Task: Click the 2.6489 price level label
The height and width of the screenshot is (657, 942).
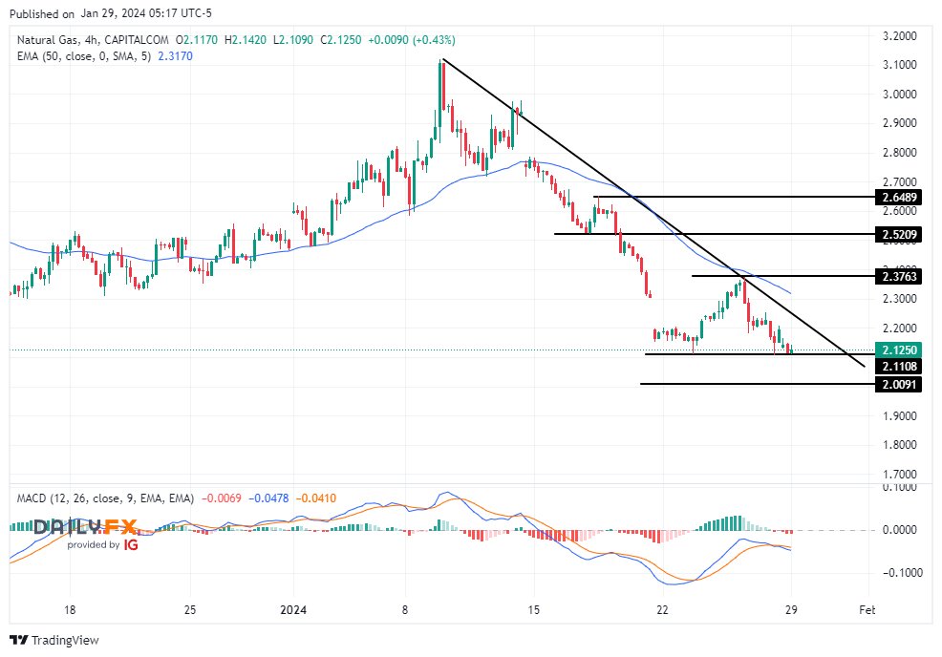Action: (x=900, y=198)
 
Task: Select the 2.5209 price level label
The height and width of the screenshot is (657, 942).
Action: (x=900, y=234)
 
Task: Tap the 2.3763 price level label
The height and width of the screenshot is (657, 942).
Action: (x=900, y=276)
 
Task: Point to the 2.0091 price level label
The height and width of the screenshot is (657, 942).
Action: (x=900, y=384)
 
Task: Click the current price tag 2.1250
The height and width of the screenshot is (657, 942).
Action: (x=900, y=350)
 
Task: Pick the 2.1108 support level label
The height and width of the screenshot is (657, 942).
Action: (x=900, y=366)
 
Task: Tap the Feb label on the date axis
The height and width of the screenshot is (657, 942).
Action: (x=867, y=608)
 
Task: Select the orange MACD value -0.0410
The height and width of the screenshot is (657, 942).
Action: (x=316, y=498)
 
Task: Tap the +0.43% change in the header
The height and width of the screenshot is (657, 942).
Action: (x=432, y=40)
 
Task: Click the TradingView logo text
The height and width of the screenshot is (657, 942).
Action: (x=64, y=640)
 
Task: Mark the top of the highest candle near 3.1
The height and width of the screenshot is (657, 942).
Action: (x=441, y=61)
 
